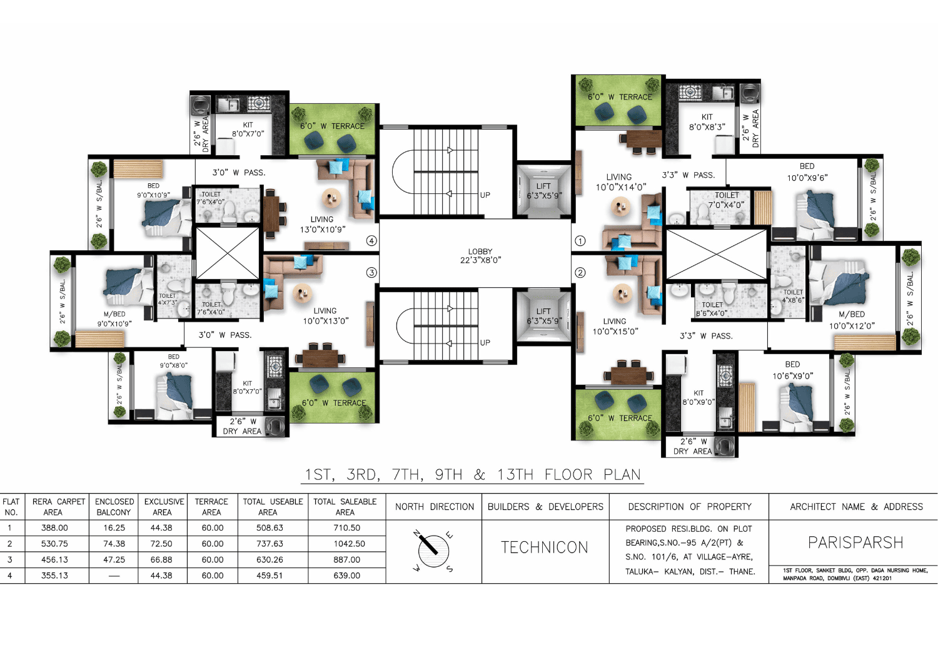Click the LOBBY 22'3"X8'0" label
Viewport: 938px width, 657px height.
tap(480, 256)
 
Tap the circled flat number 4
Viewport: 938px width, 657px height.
tap(371, 241)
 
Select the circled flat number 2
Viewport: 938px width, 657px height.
tap(580, 273)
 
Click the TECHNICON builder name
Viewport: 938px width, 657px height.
tap(545, 547)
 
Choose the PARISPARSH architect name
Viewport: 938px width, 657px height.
tap(855, 542)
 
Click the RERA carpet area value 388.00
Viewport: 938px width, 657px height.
tap(54, 528)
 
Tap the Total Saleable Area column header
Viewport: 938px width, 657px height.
tap(345, 507)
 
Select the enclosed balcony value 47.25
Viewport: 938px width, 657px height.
tap(114, 559)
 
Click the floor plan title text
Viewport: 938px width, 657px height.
tap(473, 475)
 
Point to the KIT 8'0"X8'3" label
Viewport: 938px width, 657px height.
tap(707, 122)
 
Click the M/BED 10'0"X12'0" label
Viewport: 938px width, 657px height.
tap(852, 320)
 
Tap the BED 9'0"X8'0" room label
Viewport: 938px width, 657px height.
tap(173, 361)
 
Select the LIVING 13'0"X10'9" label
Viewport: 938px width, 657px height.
tap(322, 225)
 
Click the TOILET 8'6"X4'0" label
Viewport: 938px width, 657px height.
tap(712, 309)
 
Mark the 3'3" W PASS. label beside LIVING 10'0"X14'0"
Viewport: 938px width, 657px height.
tap(688, 175)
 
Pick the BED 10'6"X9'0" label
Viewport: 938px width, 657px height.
tap(792, 370)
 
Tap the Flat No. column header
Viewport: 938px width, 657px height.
tap(11, 507)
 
